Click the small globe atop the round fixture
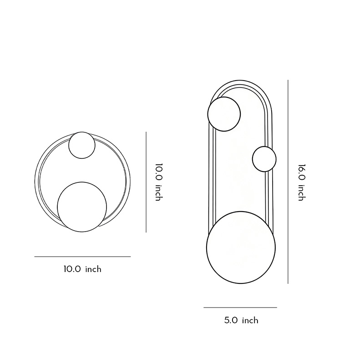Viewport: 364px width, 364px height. (x=82, y=145)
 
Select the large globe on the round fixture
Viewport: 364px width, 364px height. (x=82, y=207)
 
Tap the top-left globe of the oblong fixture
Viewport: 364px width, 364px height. (x=224, y=114)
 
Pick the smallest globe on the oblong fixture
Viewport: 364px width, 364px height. (x=264, y=159)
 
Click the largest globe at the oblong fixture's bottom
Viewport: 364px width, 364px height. (x=241, y=248)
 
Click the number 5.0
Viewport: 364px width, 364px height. (x=231, y=320)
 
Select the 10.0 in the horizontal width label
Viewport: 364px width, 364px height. (x=72, y=269)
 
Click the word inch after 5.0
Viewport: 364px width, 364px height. (x=250, y=320)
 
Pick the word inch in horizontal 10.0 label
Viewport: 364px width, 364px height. (x=93, y=269)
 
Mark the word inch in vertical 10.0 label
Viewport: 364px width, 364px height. (x=158, y=192)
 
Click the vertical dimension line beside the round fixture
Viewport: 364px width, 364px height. (x=146, y=182)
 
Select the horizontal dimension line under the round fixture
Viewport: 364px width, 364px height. (x=82, y=257)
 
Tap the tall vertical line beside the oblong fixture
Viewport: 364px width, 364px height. (x=288, y=182)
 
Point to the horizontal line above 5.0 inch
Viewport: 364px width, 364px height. (x=240, y=308)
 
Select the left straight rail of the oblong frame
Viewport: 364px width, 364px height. (x=211, y=182)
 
